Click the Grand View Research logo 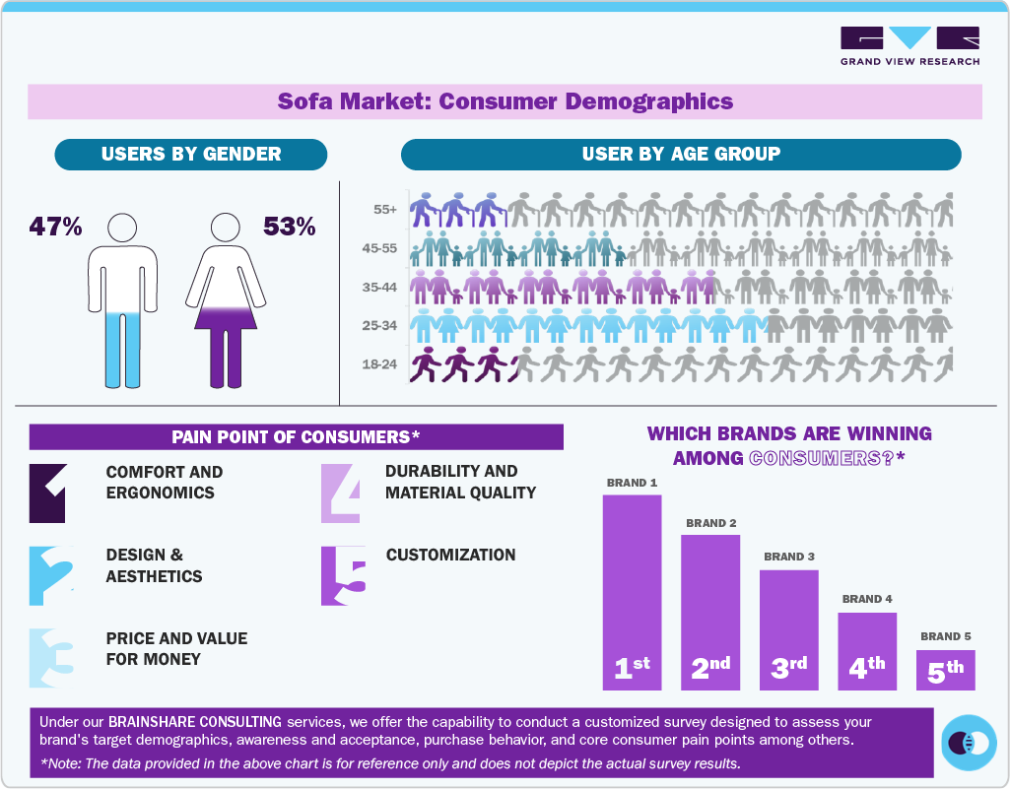(909, 45)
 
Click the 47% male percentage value (55, 227)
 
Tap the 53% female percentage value (289, 227)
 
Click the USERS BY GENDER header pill (191, 154)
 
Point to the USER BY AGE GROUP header (680, 154)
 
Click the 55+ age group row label (385, 210)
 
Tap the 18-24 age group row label (379, 364)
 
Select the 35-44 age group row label (379, 287)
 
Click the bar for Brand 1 (632, 591)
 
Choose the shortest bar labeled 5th (945, 670)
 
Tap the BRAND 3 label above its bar (788, 557)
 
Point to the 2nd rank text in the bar (709, 668)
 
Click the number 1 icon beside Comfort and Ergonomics (47, 493)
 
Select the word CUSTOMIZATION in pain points (450, 555)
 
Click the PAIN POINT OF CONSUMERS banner (296, 436)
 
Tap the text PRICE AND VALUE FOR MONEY (176, 648)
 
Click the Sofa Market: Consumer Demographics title (505, 101)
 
